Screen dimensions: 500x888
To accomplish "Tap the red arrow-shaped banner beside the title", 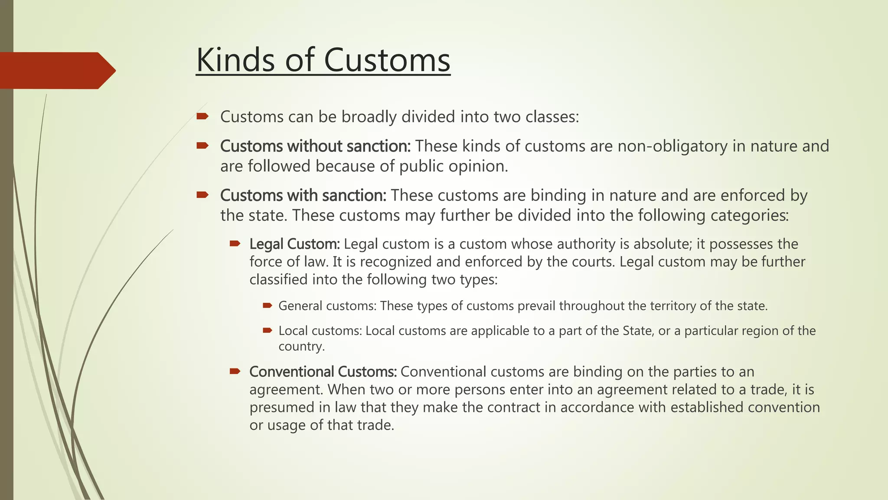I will [x=56, y=70].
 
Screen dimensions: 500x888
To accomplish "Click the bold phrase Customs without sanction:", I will [x=315, y=146].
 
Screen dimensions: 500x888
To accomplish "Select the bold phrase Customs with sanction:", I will [x=303, y=195].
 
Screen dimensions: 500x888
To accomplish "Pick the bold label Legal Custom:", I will [x=294, y=244].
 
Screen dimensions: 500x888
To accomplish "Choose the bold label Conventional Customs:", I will [x=323, y=372].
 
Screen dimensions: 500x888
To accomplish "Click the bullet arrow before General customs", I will [x=267, y=306].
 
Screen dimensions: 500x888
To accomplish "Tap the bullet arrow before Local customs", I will [x=267, y=331].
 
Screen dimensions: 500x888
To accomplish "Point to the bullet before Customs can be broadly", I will [x=202, y=116].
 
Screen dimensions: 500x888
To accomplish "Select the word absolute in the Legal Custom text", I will [x=662, y=244].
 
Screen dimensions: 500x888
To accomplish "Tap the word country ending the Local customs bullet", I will [x=301, y=346].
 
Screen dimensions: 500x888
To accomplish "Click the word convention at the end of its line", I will [x=784, y=408].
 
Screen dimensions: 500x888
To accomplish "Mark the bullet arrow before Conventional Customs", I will [x=235, y=371].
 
